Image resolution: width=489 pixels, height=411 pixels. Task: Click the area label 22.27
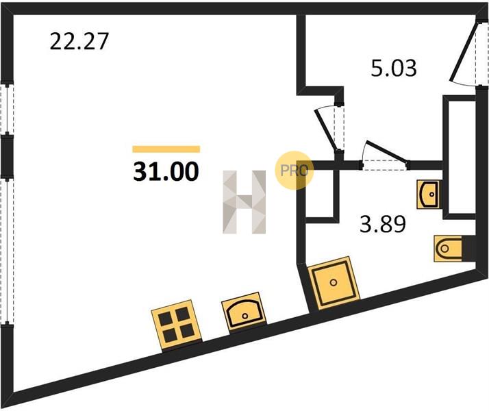[79, 42]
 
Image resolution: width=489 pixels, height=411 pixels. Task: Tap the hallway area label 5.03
[394, 68]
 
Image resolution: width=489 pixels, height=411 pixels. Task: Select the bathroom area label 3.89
[383, 224]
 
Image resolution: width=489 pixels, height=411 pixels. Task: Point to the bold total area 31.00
[166, 172]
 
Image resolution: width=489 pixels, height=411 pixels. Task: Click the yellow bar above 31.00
[166, 149]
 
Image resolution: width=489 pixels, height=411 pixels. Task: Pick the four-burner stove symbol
[176, 325]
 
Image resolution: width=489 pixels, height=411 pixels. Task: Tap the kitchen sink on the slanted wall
[244, 312]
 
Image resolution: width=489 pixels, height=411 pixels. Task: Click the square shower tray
[334, 283]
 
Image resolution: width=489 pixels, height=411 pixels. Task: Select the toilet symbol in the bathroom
[448, 249]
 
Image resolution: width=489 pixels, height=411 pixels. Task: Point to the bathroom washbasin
[429, 194]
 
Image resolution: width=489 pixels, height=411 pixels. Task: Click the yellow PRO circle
[293, 171]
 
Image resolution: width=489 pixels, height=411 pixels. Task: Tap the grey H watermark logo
[244, 202]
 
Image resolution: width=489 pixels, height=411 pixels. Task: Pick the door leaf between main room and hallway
[325, 129]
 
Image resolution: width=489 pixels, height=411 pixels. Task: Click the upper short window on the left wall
[7, 109]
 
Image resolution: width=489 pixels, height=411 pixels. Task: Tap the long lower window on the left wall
[7, 251]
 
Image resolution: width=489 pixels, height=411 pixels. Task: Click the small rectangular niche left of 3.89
[321, 195]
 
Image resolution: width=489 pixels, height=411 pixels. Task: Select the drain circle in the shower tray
[334, 283]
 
